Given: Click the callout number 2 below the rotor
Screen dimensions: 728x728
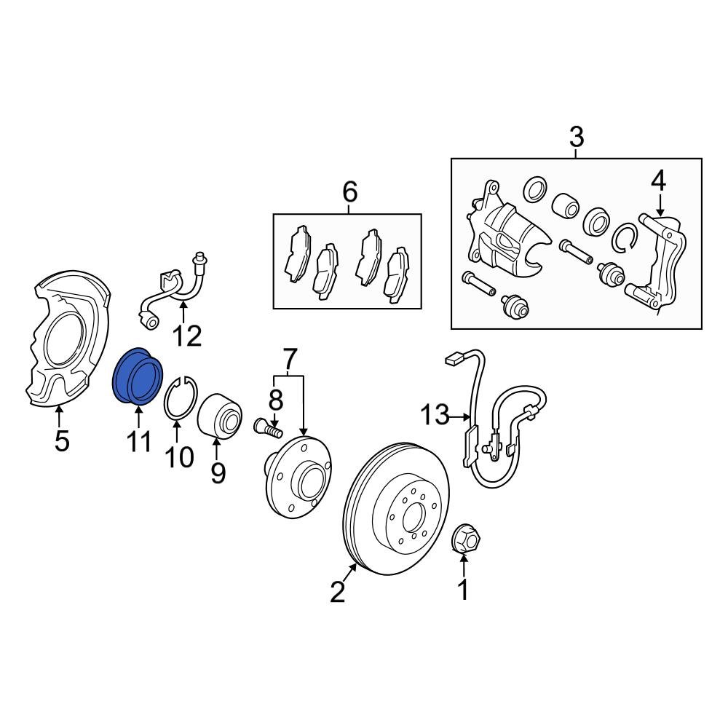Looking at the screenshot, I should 337,592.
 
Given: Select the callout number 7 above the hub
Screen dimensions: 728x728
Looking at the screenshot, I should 290,359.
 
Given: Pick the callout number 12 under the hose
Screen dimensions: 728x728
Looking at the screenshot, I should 187,336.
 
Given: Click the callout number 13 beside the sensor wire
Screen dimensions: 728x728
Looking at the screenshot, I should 435,416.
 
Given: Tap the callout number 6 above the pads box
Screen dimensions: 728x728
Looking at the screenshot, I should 349,193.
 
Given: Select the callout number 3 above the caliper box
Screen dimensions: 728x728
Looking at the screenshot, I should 576,136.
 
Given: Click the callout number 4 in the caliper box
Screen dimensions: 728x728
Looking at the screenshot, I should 658,180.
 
